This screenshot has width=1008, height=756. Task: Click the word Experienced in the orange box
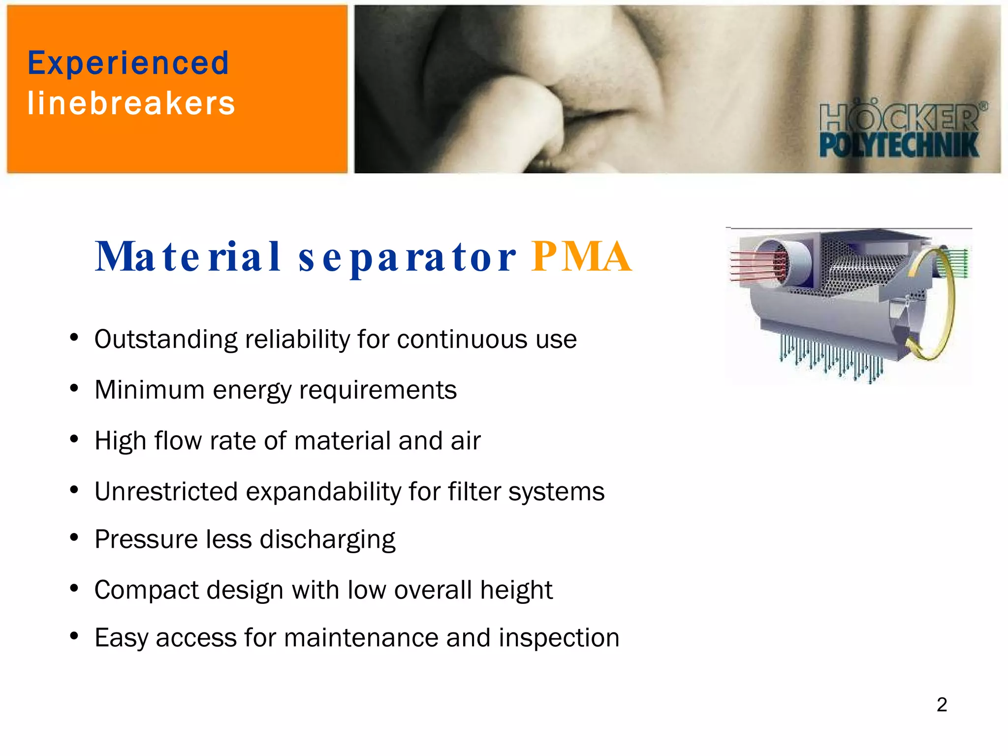128,63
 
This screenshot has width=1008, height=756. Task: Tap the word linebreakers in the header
131,103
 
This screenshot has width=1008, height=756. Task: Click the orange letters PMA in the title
581,256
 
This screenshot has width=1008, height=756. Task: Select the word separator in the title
407,257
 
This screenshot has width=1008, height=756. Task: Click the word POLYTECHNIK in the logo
899,146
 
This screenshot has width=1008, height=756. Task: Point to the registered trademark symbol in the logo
983,106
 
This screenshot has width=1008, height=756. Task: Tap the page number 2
942,704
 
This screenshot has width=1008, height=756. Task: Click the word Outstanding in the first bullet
166,340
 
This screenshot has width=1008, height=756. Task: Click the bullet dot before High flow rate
74,439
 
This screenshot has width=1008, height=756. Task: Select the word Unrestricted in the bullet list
166,491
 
